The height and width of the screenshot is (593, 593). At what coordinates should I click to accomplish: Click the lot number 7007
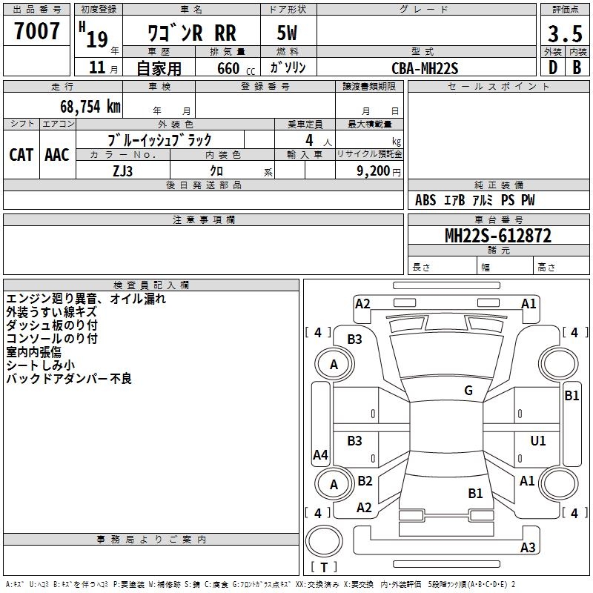36,31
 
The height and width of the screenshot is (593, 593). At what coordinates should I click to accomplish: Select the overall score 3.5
565,34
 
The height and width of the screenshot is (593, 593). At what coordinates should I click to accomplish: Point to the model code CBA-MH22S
425,68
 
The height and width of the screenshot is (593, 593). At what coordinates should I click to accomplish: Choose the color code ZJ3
122,170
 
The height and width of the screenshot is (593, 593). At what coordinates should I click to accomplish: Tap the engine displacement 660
228,68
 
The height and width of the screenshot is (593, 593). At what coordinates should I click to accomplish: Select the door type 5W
288,33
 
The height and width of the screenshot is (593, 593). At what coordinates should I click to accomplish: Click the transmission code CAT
21,154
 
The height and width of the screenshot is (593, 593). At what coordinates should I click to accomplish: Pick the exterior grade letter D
551,67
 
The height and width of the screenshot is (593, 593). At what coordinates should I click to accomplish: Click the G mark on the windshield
468,391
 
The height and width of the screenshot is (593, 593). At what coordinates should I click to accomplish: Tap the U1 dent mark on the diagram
538,441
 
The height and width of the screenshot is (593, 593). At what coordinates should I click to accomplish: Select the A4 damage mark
320,455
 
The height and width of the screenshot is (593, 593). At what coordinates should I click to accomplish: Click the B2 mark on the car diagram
365,481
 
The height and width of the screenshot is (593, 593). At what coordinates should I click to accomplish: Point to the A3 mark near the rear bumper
528,548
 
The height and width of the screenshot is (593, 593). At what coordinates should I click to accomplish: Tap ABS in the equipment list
425,200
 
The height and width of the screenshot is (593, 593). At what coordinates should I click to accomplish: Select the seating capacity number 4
308,139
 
